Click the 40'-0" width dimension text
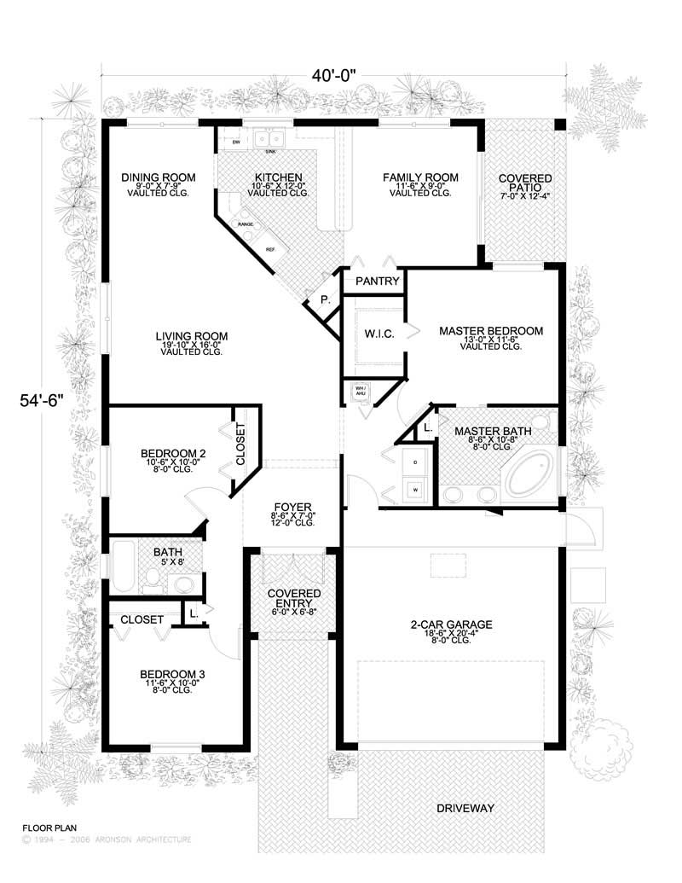(x=333, y=75)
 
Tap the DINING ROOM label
(x=158, y=177)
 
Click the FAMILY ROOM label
(x=419, y=177)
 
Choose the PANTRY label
(x=373, y=280)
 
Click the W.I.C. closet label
(x=379, y=334)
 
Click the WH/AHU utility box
(x=359, y=392)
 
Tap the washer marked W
(x=414, y=491)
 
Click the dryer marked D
(x=414, y=462)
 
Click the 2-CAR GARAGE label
(x=449, y=624)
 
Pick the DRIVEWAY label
(x=465, y=807)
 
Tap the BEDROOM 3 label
(x=172, y=674)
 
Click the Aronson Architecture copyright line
(x=106, y=839)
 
